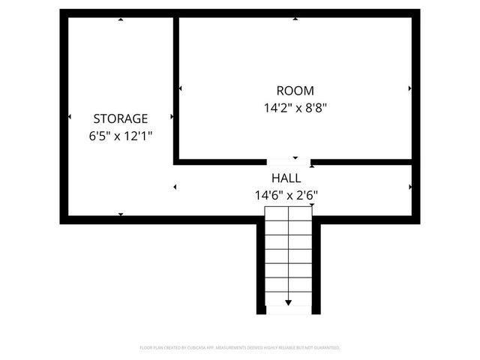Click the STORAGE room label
[120, 118]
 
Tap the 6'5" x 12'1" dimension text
[120, 136]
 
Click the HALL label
[286, 178]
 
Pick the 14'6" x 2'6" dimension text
[286, 196]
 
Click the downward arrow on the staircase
[289, 302]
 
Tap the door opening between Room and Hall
[289, 160]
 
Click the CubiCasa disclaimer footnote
[240, 348]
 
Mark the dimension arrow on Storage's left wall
[69, 117]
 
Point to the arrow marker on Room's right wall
[409, 88]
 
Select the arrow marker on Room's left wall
[181, 88]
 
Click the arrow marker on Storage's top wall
[121, 19]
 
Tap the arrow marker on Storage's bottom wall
[121, 214]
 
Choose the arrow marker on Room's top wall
[295, 19]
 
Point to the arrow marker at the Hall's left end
[175, 187]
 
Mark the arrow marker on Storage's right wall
[172, 117]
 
